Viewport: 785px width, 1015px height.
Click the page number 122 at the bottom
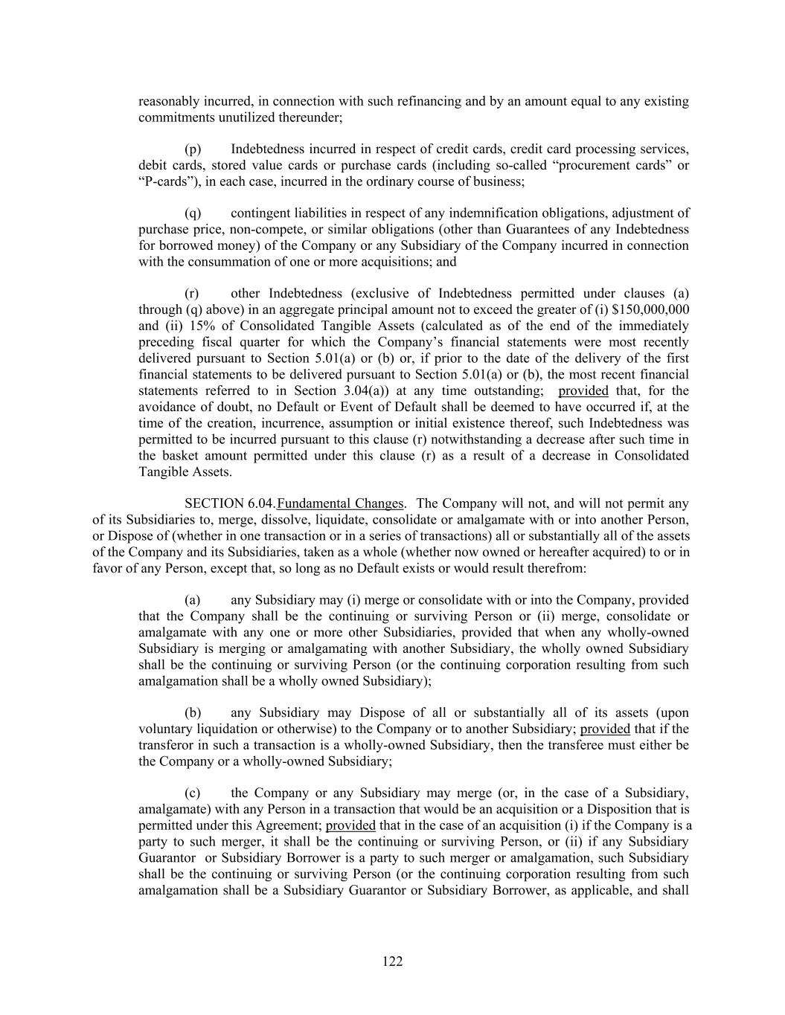[x=392, y=961]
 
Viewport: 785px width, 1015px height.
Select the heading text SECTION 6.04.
[x=230, y=503]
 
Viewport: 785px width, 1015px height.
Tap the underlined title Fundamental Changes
[x=341, y=503]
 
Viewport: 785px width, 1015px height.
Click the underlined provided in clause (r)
[x=583, y=390]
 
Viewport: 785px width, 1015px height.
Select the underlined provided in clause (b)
[x=605, y=729]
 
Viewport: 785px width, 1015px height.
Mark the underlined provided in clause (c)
[x=350, y=825]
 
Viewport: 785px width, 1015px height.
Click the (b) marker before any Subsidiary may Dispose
[x=193, y=712]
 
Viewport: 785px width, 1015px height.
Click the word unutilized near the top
[x=253, y=117]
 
